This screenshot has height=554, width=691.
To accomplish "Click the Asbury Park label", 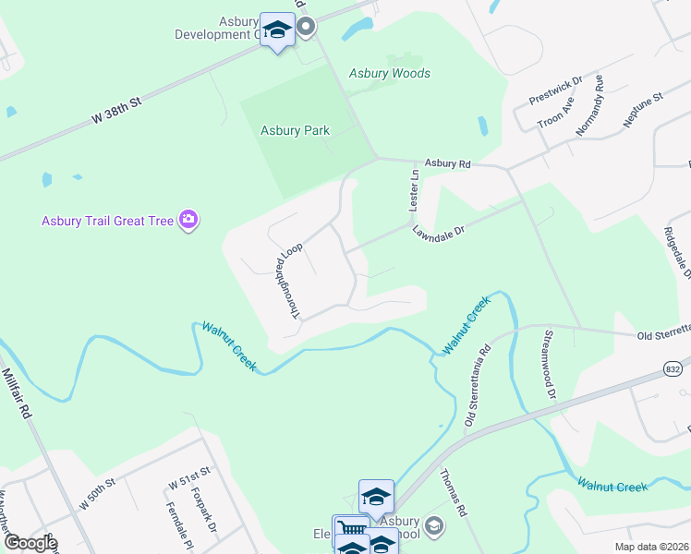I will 295,131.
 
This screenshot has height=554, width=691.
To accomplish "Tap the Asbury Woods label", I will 389,74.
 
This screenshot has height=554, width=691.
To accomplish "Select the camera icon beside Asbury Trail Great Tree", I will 189,220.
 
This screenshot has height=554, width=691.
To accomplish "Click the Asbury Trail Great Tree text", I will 108,221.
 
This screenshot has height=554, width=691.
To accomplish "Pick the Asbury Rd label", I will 447,163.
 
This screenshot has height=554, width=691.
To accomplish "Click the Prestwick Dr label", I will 555,90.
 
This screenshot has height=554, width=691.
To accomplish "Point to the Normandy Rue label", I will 589,105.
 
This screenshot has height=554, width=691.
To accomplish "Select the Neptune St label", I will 643,110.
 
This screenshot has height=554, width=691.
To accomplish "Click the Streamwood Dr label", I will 550,364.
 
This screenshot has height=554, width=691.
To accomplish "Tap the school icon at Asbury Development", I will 277,31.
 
